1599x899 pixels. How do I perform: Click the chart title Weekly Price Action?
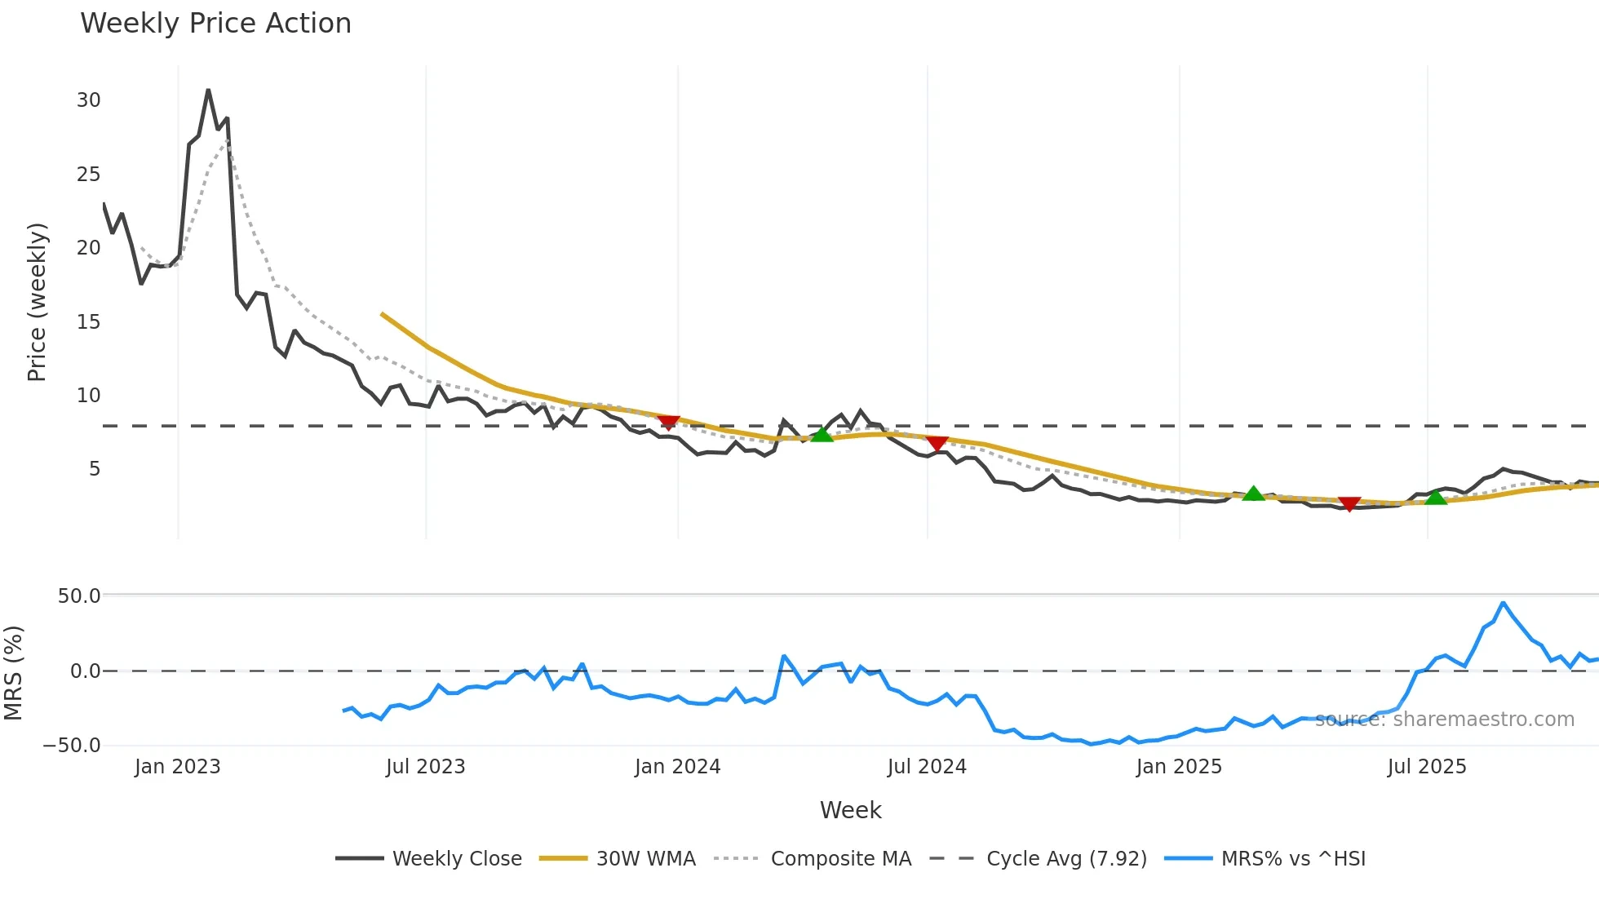tap(215, 24)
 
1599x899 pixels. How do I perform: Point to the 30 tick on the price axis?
tap(88, 100)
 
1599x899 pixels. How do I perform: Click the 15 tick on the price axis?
tap(88, 322)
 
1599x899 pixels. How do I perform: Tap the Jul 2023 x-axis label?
tap(425, 767)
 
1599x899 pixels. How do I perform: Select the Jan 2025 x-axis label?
tap(1179, 767)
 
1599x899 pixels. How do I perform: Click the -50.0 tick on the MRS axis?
tap(72, 746)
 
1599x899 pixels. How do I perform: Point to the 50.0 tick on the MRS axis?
tap(79, 596)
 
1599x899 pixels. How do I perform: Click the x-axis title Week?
tap(850, 810)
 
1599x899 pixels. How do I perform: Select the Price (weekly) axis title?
tap(38, 302)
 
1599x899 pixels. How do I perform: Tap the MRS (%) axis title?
tap(14, 673)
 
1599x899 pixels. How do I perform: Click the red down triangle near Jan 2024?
tap(668, 422)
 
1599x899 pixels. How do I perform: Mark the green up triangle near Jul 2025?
tap(1435, 496)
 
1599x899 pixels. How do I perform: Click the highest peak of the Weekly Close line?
tap(208, 90)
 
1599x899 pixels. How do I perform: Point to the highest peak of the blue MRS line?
tap(1503, 603)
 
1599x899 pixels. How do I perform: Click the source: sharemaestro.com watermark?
tap(1444, 720)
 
